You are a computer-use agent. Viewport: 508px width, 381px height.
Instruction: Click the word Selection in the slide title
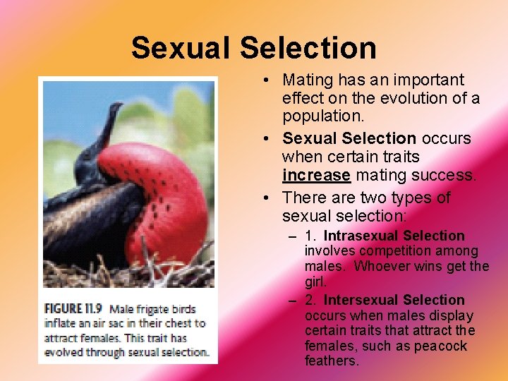[308, 49]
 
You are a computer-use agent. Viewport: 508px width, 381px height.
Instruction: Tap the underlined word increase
[316, 175]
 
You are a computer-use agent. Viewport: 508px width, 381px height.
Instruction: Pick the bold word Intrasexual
[363, 236]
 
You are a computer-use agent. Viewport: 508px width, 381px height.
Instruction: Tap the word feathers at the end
[331, 361]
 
